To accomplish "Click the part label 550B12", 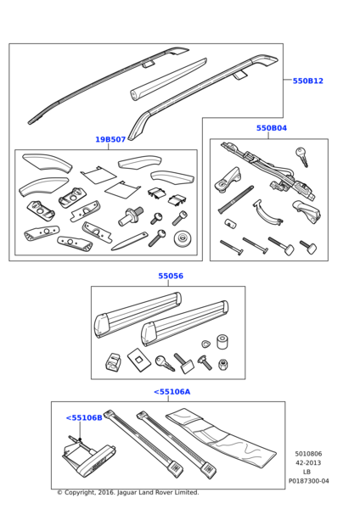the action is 307,81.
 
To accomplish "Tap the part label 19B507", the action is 110,140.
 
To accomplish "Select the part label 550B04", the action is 272,128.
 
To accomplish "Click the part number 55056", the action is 171,276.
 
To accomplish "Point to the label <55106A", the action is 172,392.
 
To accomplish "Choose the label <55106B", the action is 84,417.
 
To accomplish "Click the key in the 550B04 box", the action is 302,157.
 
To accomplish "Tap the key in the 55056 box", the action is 165,363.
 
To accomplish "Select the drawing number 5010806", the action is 308,454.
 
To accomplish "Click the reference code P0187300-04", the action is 309,481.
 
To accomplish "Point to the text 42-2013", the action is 308,462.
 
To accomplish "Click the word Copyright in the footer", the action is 80,492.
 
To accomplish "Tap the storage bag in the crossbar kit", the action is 221,436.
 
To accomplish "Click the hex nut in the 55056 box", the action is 222,364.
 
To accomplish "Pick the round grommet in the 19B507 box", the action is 183,239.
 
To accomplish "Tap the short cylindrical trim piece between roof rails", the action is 168,80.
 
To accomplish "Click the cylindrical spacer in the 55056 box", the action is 223,342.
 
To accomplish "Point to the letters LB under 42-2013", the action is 307,472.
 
